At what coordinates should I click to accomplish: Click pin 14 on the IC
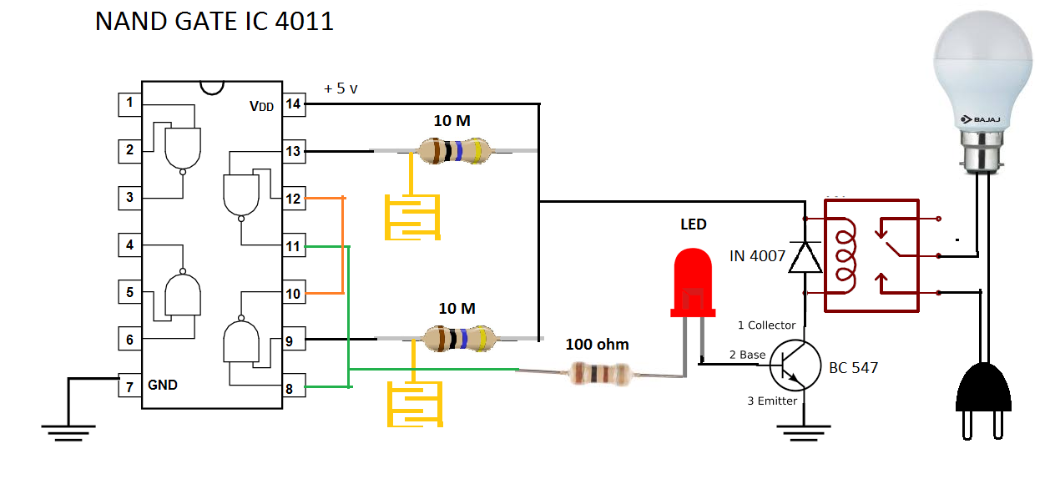coord(294,104)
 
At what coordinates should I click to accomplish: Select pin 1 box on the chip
coord(129,104)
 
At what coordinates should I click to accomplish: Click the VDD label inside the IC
coord(261,107)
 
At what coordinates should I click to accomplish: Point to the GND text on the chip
coord(163,386)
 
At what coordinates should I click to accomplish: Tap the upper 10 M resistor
coord(452,151)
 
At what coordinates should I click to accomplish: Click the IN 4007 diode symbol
coord(805,256)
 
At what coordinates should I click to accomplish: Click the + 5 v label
coord(341,88)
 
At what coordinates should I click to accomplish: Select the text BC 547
coord(853,367)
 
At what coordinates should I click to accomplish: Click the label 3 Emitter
coord(772,401)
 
